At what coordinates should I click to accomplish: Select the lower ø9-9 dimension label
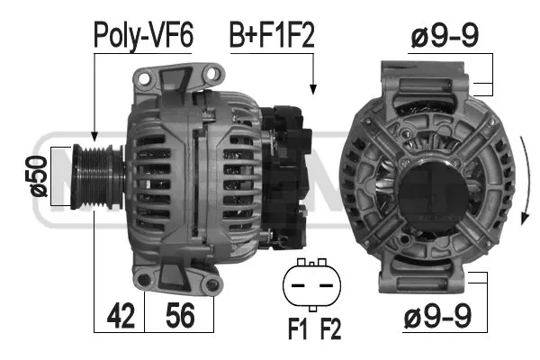click(436, 317)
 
